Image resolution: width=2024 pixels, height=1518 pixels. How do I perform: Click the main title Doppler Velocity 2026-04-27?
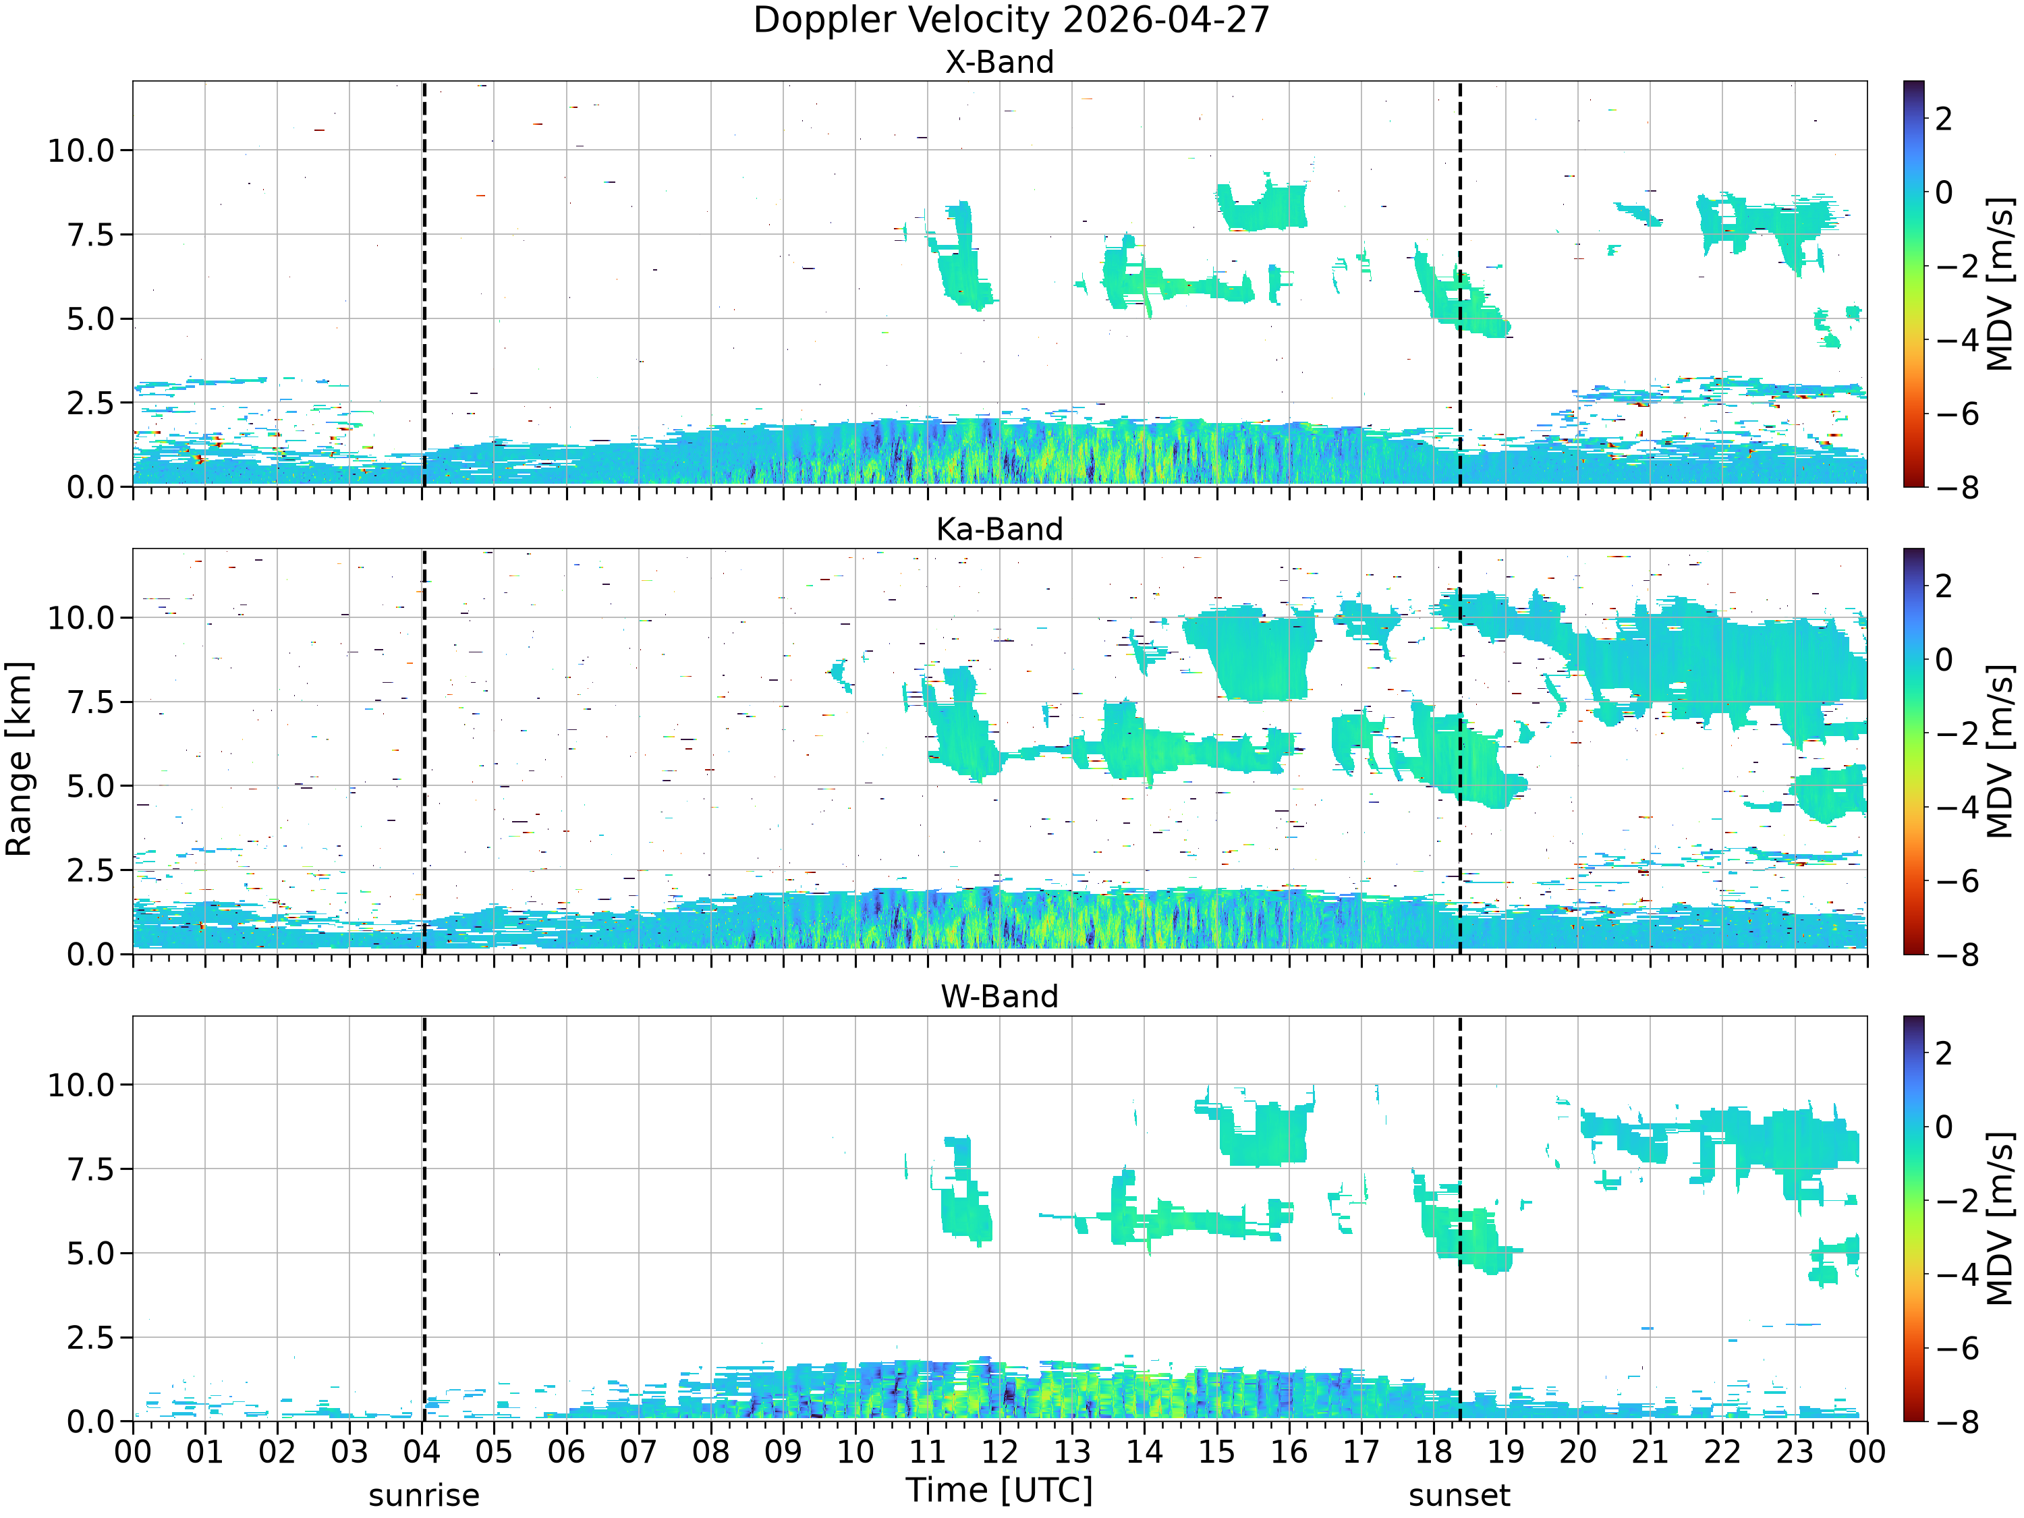1011,20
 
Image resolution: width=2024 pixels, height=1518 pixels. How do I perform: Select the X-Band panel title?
999,62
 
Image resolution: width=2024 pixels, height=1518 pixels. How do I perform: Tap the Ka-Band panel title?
999,530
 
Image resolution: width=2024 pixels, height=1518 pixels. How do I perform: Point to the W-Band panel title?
999,996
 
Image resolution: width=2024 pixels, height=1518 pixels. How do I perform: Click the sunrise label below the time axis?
424,1496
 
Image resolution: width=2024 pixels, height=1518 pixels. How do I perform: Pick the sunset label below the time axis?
1459,1496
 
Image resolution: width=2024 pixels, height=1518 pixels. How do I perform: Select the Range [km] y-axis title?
19,758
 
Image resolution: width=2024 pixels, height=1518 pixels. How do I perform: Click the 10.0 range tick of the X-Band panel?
83,150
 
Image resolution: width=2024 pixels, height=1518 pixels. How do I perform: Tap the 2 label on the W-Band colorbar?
1944,1053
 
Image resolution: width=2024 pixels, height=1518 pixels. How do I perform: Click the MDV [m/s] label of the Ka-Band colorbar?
2001,751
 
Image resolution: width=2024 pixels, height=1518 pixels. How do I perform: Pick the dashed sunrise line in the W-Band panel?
424,1218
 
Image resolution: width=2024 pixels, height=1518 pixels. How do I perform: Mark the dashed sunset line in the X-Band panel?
1459,283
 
